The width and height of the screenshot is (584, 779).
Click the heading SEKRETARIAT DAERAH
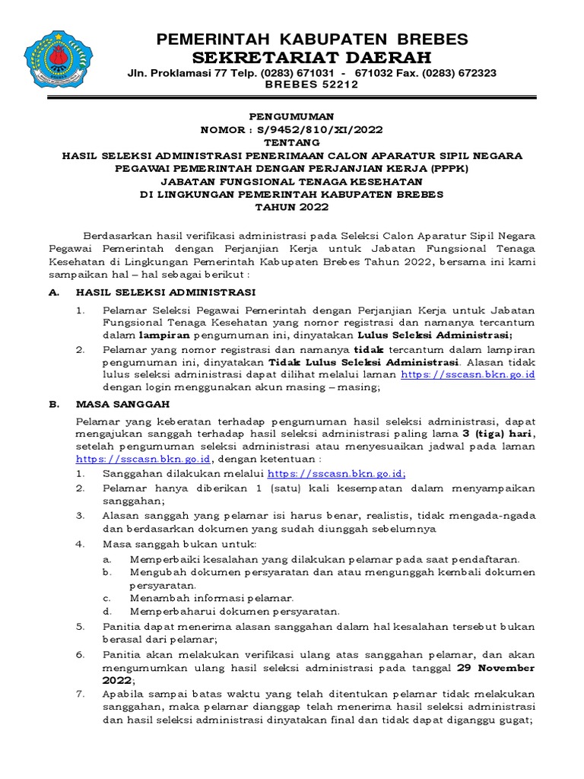(312, 58)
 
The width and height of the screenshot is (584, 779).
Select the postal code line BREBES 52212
(312, 85)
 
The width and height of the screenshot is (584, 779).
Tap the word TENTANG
(292, 141)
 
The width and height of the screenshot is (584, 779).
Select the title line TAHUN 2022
(292, 206)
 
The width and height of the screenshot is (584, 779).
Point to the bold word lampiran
(164, 335)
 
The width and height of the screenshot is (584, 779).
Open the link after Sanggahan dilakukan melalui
(342, 473)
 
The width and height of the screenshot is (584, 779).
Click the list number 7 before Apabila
(80, 695)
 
